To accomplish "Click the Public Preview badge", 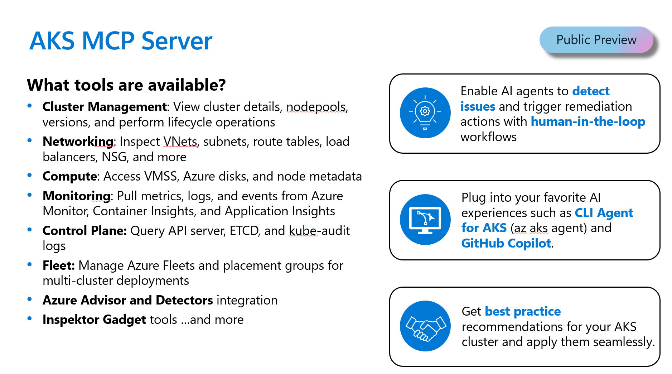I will tap(596, 40).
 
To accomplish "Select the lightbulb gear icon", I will tap(425, 113).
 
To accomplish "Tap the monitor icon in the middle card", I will tap(425, 220).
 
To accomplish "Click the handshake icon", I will tap(425, 326).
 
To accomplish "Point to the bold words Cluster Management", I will tap(105, 107).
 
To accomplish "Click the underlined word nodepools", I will tap(316, 107).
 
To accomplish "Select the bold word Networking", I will tap(78, 142).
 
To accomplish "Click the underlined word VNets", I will tap(180, 142).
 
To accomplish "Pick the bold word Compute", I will tap(69, 176).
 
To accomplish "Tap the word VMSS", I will tap(160, 176).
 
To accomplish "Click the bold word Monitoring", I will tap(76, 196).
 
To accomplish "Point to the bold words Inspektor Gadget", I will tap(94, 320).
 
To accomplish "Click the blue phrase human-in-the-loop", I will tap(588, 122).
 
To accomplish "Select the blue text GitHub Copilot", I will tap(506, 243).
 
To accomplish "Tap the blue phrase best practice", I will tap(522, 311).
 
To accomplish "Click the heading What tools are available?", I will tap(126, 85).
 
